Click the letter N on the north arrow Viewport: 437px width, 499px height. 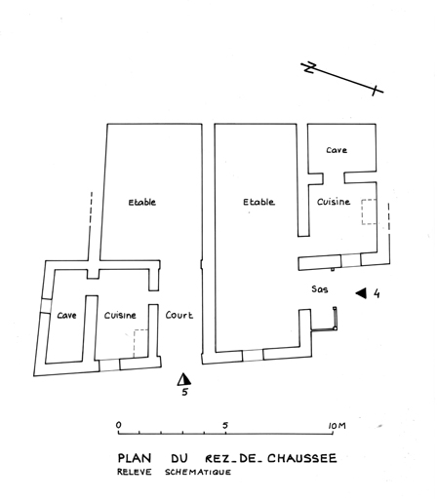[309, 67]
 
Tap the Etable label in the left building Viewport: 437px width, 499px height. [142, 202]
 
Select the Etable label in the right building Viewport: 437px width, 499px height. [258, 202]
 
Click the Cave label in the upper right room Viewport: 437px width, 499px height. [337, 150]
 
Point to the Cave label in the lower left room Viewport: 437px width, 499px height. [66, 315]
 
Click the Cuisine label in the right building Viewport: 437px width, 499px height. [334, 202]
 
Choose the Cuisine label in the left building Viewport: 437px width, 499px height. [120, 315]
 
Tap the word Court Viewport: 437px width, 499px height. [179, 315]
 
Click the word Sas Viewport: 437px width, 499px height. [320, 288]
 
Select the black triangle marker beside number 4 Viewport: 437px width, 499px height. [361, 293]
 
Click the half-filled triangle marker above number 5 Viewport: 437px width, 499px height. [184, 379]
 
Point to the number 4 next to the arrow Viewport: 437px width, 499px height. [377, 293]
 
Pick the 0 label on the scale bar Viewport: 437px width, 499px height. [119, 425]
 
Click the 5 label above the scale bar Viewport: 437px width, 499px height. [225, 425]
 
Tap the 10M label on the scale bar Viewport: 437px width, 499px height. [338, 425]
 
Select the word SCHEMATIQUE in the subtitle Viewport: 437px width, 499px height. [198, 472]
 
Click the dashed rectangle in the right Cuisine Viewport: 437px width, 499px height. [369, 211]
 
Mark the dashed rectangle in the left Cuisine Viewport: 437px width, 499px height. [140, 344]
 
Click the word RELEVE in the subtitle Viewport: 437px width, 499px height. [135, 472]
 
